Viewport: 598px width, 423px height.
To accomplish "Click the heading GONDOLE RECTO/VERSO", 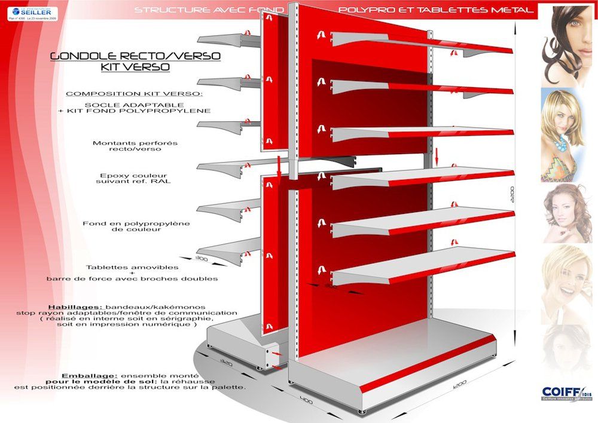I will pos(135,56).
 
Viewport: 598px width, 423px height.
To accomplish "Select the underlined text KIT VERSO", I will pos(135,68).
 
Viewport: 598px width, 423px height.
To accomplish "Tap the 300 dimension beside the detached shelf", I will pos(202,258).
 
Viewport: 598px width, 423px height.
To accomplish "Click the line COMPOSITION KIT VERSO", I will pos(134,94).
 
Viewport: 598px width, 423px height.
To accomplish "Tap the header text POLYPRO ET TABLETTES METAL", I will pos(435,10).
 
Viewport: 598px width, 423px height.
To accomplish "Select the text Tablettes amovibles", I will pos(132,267).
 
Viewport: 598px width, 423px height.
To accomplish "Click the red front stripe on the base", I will pos(428,365).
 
